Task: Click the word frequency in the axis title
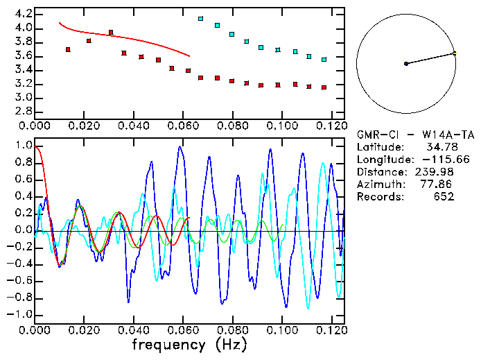[168, 344]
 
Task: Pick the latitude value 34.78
[439, 147]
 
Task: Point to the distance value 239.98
[437, 172]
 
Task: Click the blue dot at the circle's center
[406, 64]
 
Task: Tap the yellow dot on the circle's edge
[455, 53]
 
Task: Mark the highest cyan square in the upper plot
[201, 19]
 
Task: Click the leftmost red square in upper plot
[68, 49]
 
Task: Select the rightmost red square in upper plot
[324, 87]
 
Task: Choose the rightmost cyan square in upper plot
[324, 60]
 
